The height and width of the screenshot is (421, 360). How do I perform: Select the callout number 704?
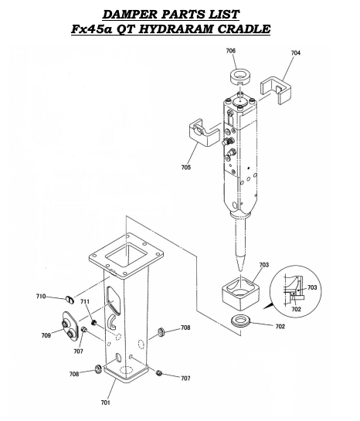tap(296, 53)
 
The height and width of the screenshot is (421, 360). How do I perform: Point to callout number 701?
tap(105, 402)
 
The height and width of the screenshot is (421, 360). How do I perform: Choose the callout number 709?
tap(46, 335)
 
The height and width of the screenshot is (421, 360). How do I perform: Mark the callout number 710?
tap(40, 296)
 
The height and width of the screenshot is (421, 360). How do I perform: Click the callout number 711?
tap(84, 302)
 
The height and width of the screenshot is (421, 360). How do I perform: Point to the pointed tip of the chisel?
tap(242, 266)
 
